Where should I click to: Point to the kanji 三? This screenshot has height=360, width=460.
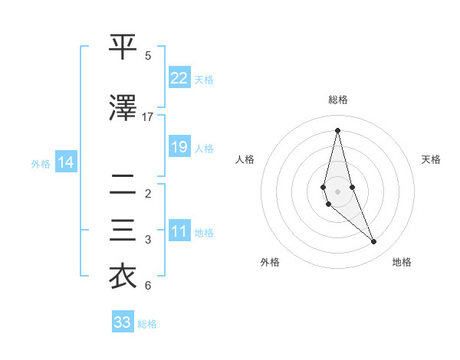point(123,231)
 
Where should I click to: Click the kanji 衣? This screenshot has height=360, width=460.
point(123,277)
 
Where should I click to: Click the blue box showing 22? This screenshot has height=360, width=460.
point(179,78)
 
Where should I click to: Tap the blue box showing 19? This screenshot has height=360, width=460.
point(179,147)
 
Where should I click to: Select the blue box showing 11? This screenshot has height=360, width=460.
point(179,231)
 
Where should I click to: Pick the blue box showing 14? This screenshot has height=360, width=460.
point(66,162)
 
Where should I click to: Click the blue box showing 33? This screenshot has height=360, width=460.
point(123,322)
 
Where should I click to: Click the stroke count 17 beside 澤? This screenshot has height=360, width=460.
point(148,117)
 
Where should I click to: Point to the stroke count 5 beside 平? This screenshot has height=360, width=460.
point(148,56)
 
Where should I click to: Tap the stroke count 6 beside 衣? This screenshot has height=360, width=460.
point(148,286)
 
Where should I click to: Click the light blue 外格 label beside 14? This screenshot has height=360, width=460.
point(41,163)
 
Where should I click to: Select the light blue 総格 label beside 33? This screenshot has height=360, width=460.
point(147,324)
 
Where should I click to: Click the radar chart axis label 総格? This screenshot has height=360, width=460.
point(338,100)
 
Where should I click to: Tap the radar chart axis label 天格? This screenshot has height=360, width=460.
point(432,159)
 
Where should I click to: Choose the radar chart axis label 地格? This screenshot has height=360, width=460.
point(402,262)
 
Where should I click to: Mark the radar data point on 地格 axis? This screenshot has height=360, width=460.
point(374,242)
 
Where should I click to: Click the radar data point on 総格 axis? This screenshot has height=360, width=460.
point(338,129)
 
